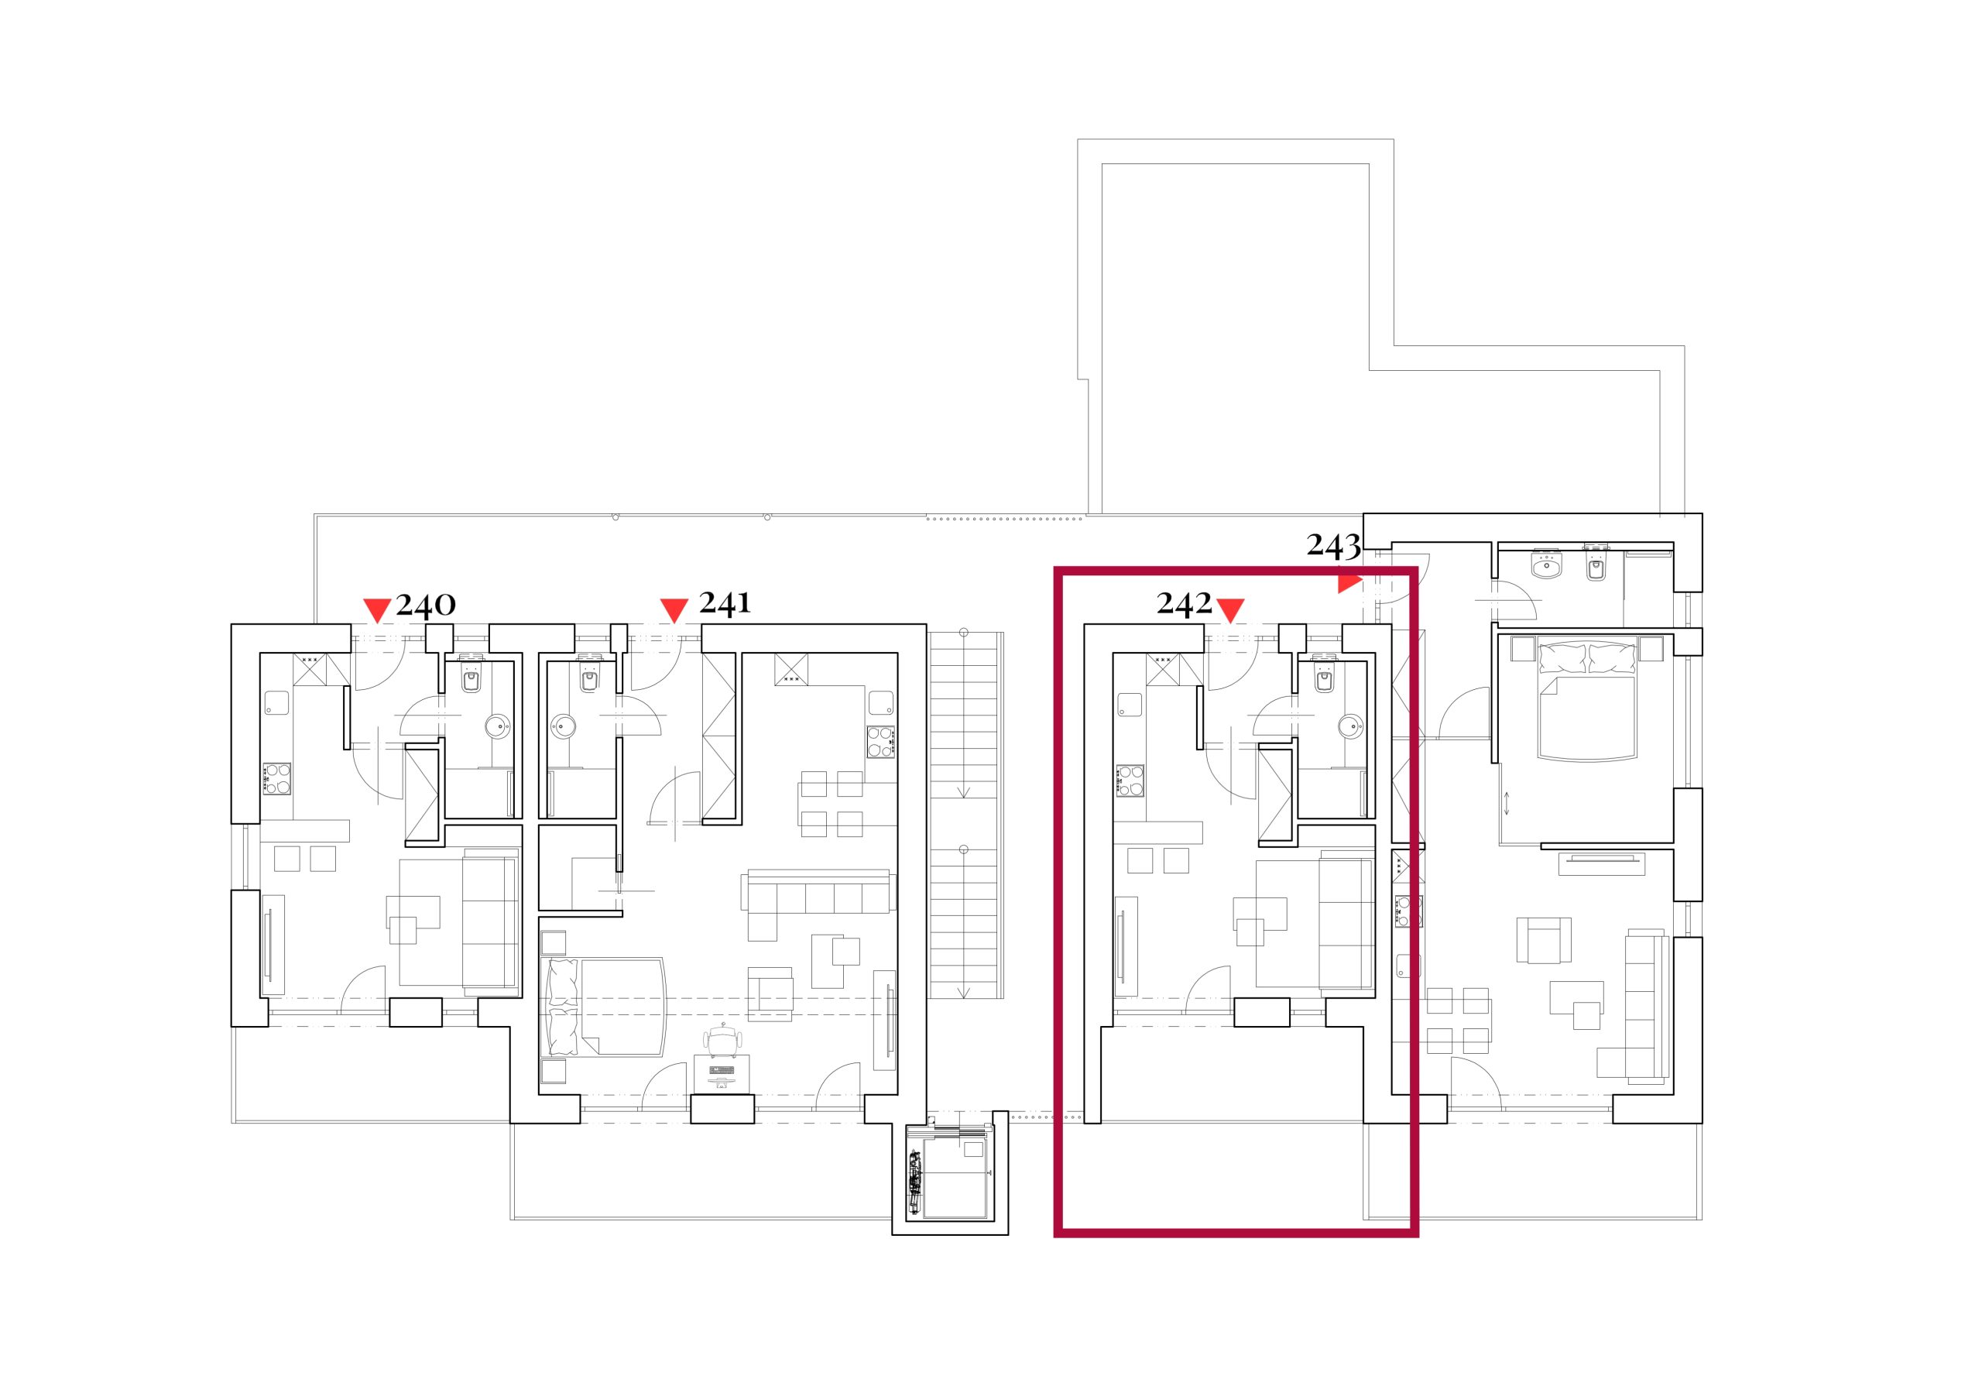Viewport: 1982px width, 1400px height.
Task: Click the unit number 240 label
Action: [426, 604]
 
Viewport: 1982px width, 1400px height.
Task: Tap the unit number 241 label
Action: [725, 602]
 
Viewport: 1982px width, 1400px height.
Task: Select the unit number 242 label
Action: [1185, 604]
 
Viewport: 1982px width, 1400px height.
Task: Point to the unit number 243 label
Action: [1334, 545]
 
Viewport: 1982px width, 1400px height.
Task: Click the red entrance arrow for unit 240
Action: [377, 610]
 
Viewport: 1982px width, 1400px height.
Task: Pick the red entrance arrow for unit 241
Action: [674, 610]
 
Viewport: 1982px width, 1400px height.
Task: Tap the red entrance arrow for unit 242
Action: [1230, 610]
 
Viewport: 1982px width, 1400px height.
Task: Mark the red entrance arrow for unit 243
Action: [1349, 584]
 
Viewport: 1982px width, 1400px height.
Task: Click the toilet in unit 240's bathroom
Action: [471, 678]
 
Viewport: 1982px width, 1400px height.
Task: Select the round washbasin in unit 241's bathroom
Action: [564, 725]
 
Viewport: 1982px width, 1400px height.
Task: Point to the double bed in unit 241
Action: [604, 1007]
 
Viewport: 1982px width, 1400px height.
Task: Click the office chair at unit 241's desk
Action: [722, 1040]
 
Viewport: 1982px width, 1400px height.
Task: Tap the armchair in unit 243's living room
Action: [1545, 941]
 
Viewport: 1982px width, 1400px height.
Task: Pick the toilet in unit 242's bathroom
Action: [1323, 678]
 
